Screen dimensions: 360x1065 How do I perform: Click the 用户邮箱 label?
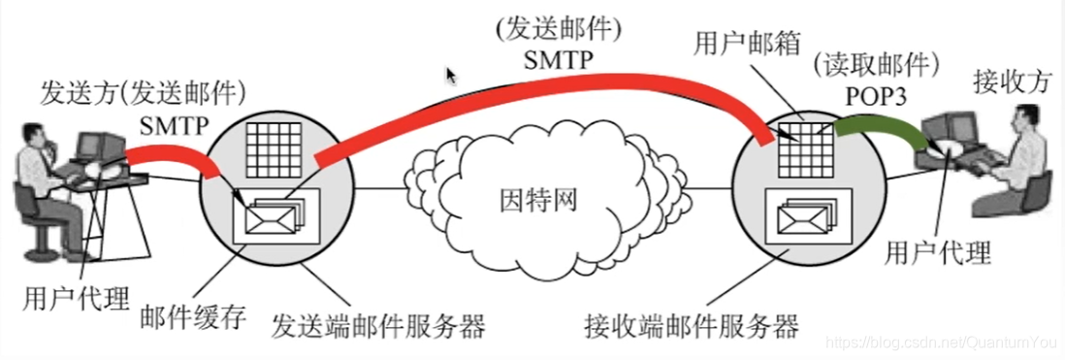pos(743,43)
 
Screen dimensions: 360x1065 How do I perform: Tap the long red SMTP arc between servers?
pos(543,92)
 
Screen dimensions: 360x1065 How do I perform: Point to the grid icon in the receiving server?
pos(801,144)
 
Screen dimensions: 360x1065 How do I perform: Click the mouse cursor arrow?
pos(451,76)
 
